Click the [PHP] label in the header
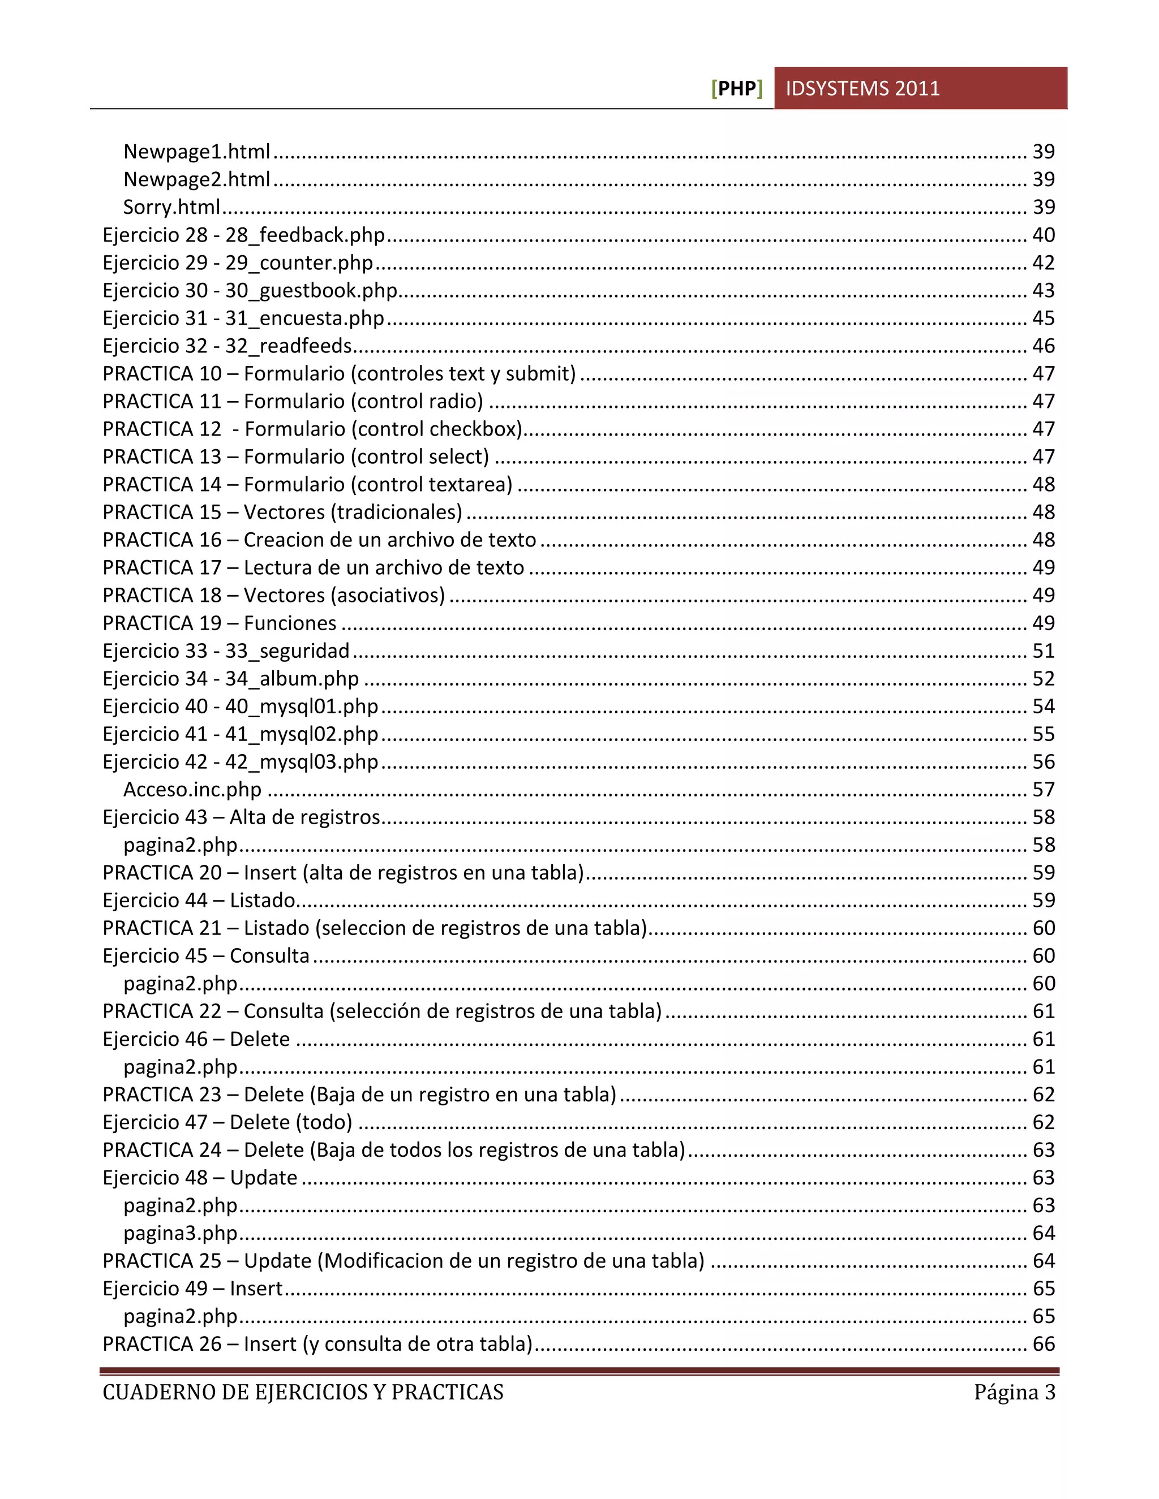[737, 89]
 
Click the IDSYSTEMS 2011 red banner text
[862, 89]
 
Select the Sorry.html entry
[171, 206]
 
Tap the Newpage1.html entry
[196, 151]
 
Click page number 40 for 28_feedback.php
[1043, 235]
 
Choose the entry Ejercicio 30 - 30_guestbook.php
[250, 290]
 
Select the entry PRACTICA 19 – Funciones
[219, 623]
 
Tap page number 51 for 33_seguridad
[1043, 651]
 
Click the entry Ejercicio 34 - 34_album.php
[231, 679]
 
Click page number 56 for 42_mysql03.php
[1043, 762]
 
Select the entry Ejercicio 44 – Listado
[199, 901]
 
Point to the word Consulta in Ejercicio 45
[269, 956]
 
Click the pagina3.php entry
[180, 1233]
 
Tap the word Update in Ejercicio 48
[263, 1178]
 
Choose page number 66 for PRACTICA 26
[1043, 1344]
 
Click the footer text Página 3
[1014, 1392]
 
